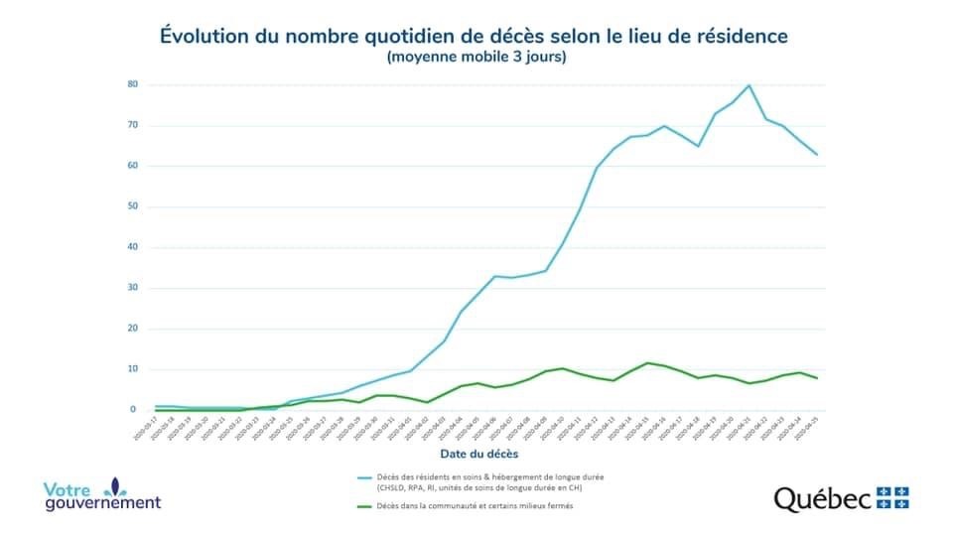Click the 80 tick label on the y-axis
pyautogui.click(x=132, y=84)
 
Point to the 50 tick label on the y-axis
pyautogui.click(x=132, y=206)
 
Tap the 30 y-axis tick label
pyautogui.click(x=132, y=288)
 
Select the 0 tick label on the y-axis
pyautogui.click(x=134, y=409)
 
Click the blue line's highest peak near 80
pyautogui.click(x=749, y=85)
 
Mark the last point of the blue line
pyautogui.click(x=817, y=154)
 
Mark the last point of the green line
pyautogui.click(x=817, y=378)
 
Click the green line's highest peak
pyautogui.click(x=647, y=363)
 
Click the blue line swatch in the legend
pyautogui.click(x=368, y=477)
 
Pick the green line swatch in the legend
pyautogui.click(x=368, y=506)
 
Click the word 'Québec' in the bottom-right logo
pyautogui.click(x=823, y=498)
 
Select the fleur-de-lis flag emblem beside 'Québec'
pyautogui.click(x=893, y=497)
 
